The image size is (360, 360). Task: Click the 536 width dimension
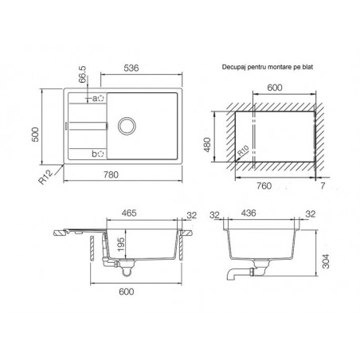(131, 68)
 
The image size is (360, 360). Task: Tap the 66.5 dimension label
(83, 74)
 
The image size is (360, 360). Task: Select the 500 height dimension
(35, 135)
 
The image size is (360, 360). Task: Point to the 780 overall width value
(111, 174)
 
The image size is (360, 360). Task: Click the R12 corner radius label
(45, 177)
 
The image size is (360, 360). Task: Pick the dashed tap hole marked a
(101, 99)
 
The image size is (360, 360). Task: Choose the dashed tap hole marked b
(101, 154)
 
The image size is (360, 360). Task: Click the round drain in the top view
(127, 126)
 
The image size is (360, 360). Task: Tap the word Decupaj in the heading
(231, 67)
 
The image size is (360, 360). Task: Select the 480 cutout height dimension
(207, 145)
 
